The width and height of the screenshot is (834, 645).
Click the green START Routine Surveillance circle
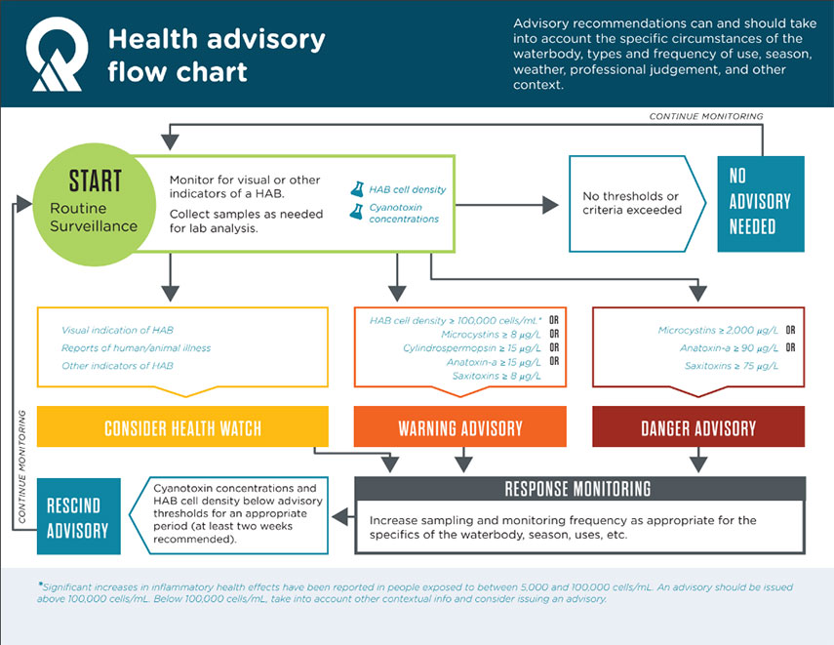click(95, 204)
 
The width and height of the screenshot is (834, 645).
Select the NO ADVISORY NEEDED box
click(761, 204)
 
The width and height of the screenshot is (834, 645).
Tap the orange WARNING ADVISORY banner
click(460, 426)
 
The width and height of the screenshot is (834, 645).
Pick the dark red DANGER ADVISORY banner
click(698, 426)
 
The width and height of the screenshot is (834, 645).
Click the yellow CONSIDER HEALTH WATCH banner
click(182, 426)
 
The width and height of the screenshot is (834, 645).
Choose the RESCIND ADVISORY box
click(79, 516)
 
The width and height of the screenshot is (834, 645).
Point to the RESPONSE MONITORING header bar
click(579, 489)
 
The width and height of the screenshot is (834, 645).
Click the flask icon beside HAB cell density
click(357, 189)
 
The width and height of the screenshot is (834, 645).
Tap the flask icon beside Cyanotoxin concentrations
click(356, 212)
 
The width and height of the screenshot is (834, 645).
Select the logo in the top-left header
click(57, 54)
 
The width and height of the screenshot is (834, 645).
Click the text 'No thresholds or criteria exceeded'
click(632, 203)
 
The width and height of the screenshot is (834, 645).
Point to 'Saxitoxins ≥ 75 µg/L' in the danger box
click(732, 366)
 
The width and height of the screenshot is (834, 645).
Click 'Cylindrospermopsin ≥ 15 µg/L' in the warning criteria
click(472, 348)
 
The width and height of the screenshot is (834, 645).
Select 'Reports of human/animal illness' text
click(137, 348)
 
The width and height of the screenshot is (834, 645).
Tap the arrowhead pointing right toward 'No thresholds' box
click(550, 205)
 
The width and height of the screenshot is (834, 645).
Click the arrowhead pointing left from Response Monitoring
click(340, 516)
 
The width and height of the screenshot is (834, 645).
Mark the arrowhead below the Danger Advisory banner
click(698, 464)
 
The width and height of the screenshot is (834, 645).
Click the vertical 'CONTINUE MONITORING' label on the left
click(21, 466)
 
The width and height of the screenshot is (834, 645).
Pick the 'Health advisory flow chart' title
click(217, 56)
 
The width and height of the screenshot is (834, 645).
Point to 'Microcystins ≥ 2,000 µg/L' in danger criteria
click(718, 331)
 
